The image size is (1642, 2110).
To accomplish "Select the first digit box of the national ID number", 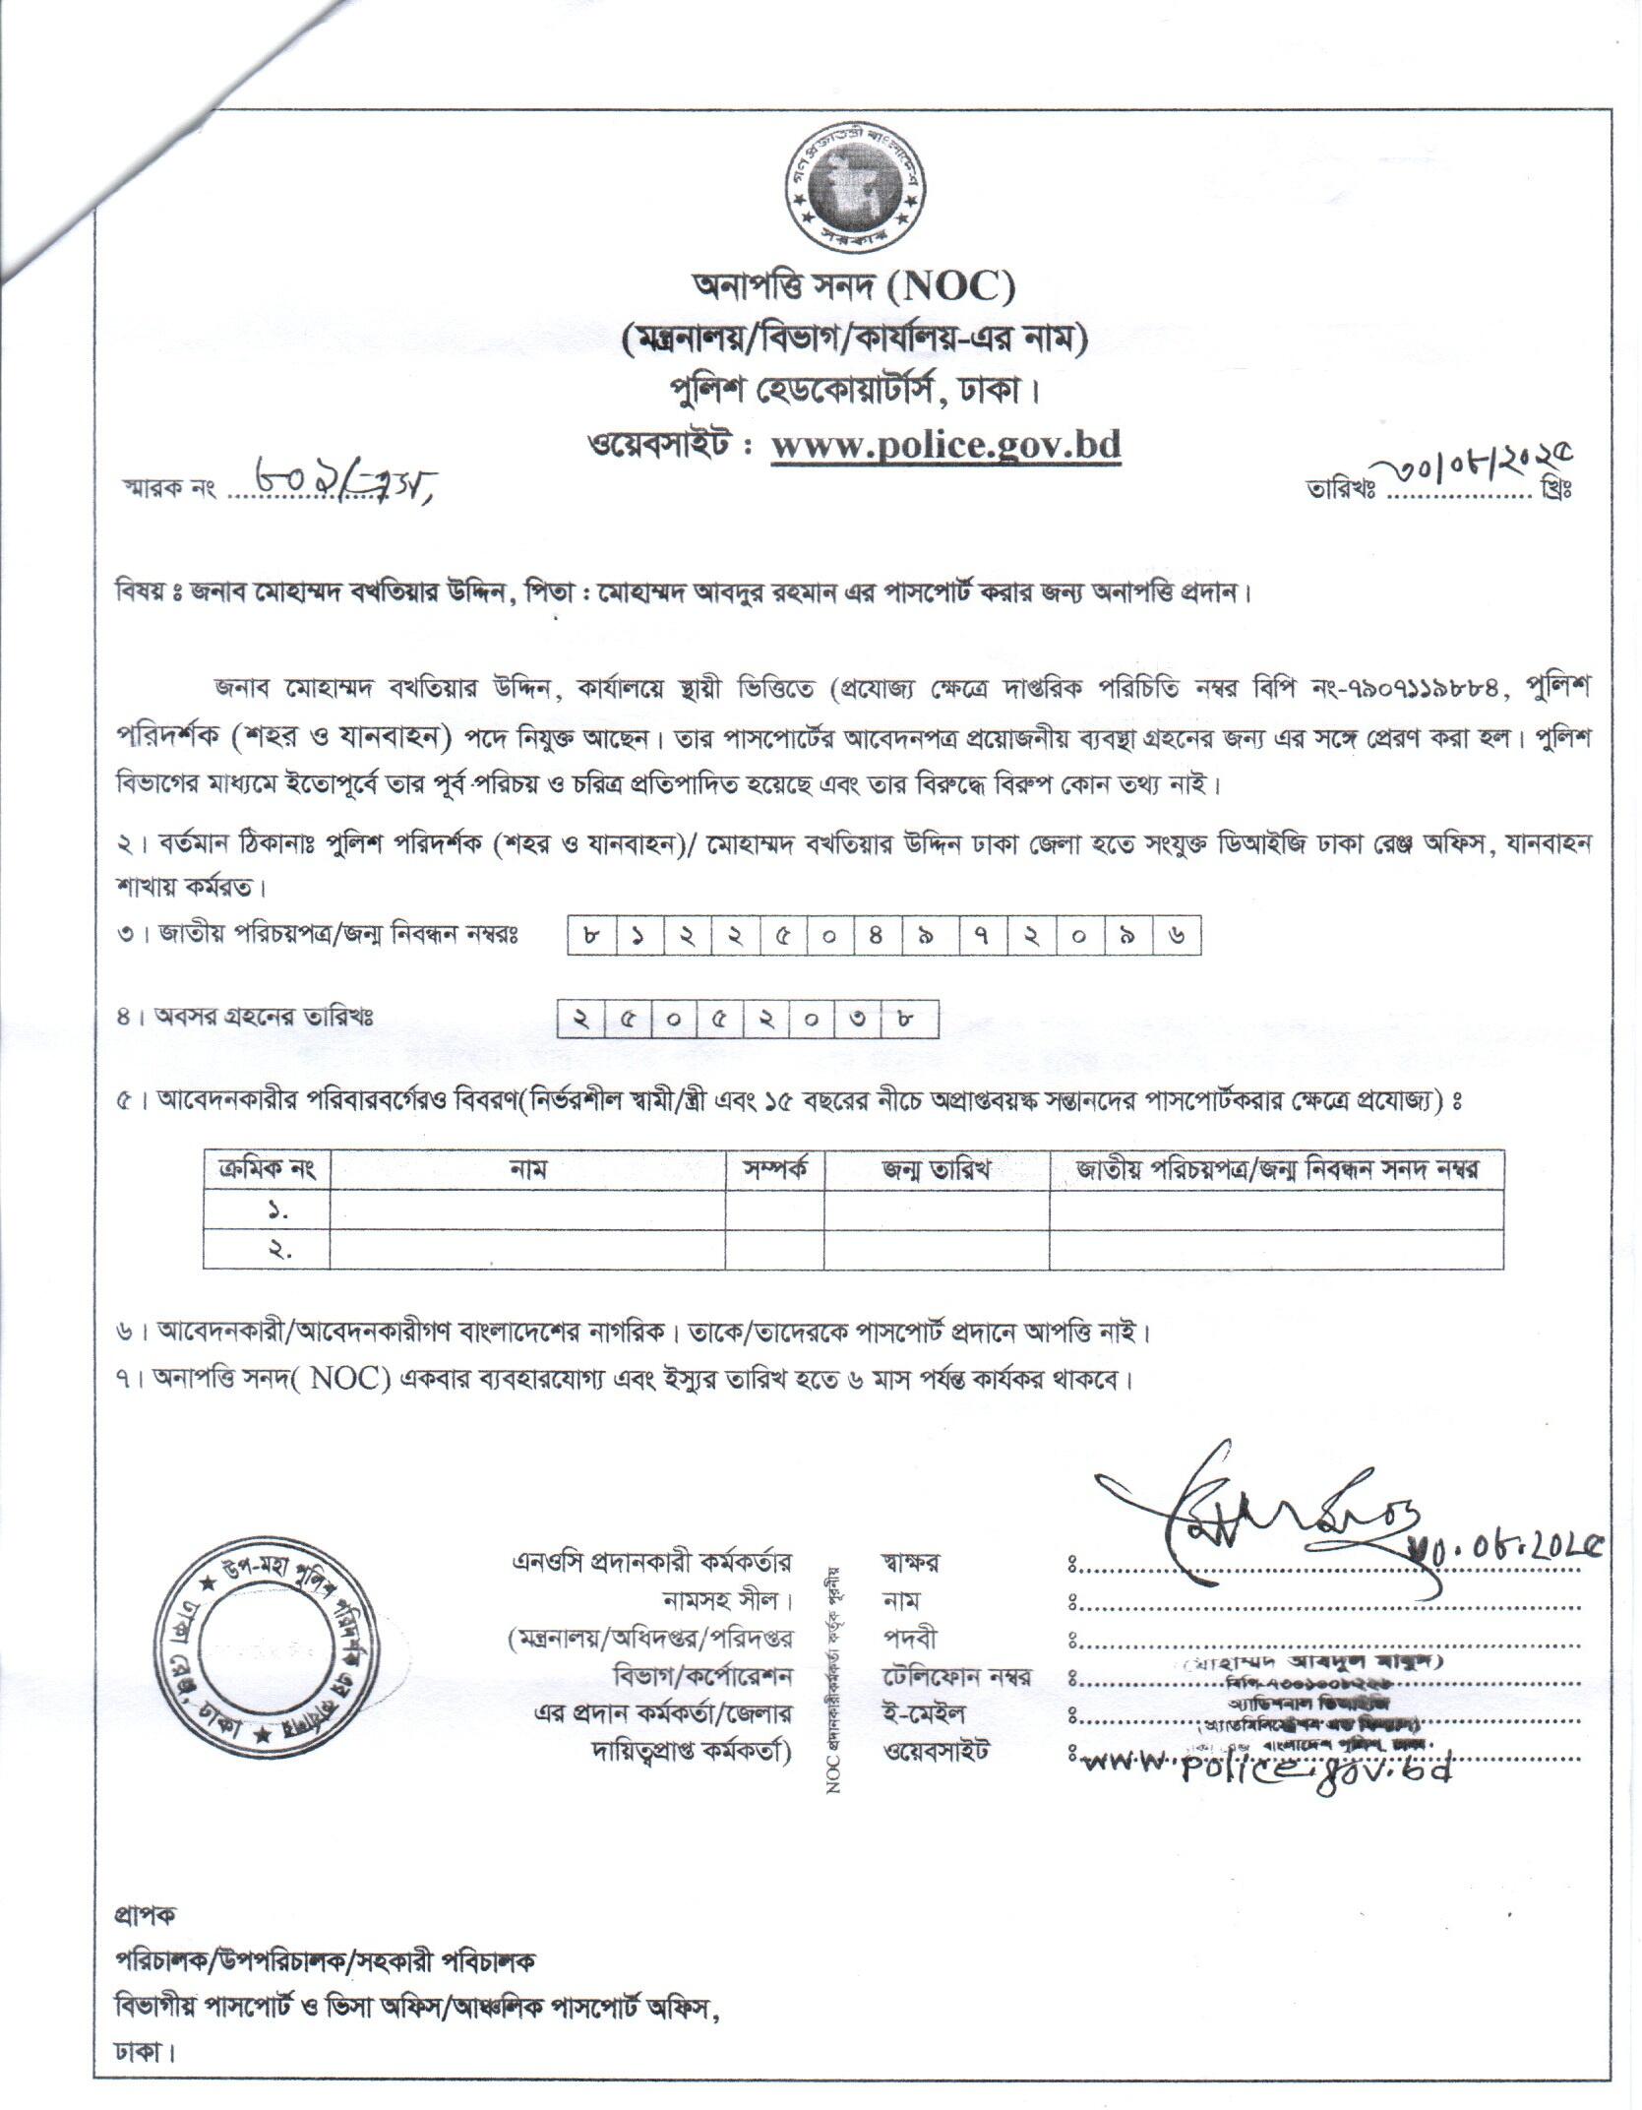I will coord(591,936).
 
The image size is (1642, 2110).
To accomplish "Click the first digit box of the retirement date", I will coord(581,1020).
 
